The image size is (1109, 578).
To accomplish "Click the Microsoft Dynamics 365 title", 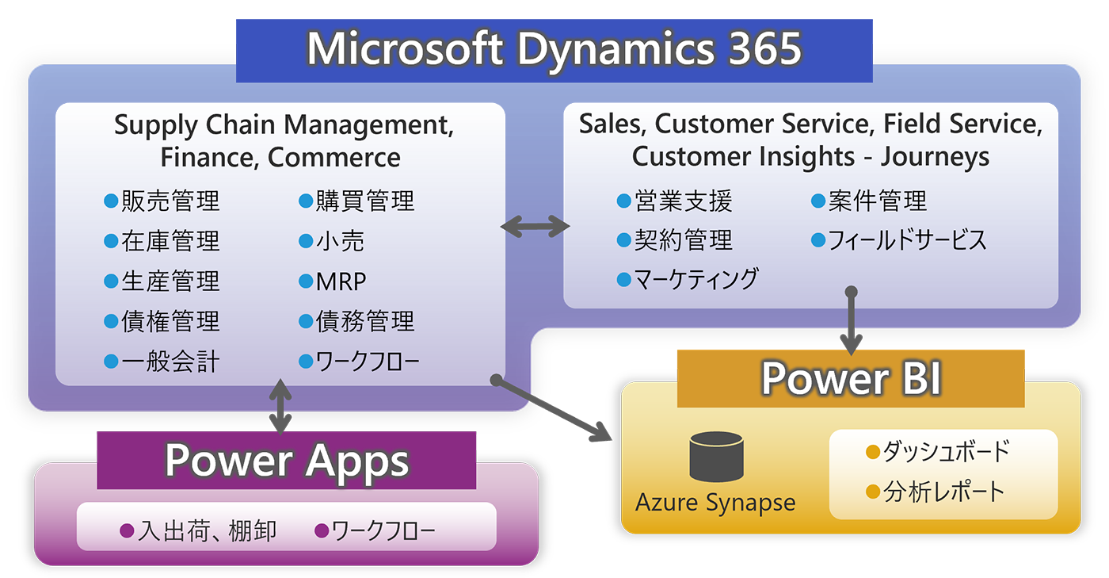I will [x=554, y=49].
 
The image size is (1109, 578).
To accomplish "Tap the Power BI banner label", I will [x=851, y=378].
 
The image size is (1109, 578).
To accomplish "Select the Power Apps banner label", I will [x=287, y=461].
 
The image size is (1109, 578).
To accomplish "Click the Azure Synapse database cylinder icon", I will [x=716, y=457].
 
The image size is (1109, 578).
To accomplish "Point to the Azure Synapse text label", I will [x=715, y=503].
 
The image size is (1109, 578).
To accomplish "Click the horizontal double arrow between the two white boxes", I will [x=535, y=228].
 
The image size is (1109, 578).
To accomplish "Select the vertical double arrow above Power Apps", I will [x=280, y=406].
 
